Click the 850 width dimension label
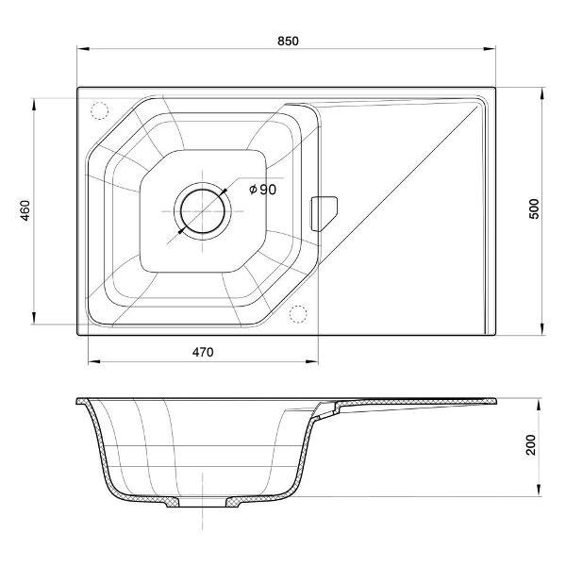click(x=288, y=42)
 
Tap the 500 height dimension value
click(x=534, y=208)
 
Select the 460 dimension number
click(x=25, y=210)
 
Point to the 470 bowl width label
click(x=203, y=352)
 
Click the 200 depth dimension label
click(x=530, y=444)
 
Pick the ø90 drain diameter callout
click(x=263, y=190)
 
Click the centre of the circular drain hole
click(x=203, y=211)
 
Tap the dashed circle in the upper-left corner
click(x=99, y=110)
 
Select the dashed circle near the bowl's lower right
click(x=298, y=314)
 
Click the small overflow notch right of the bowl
click(x=324, y=214)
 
